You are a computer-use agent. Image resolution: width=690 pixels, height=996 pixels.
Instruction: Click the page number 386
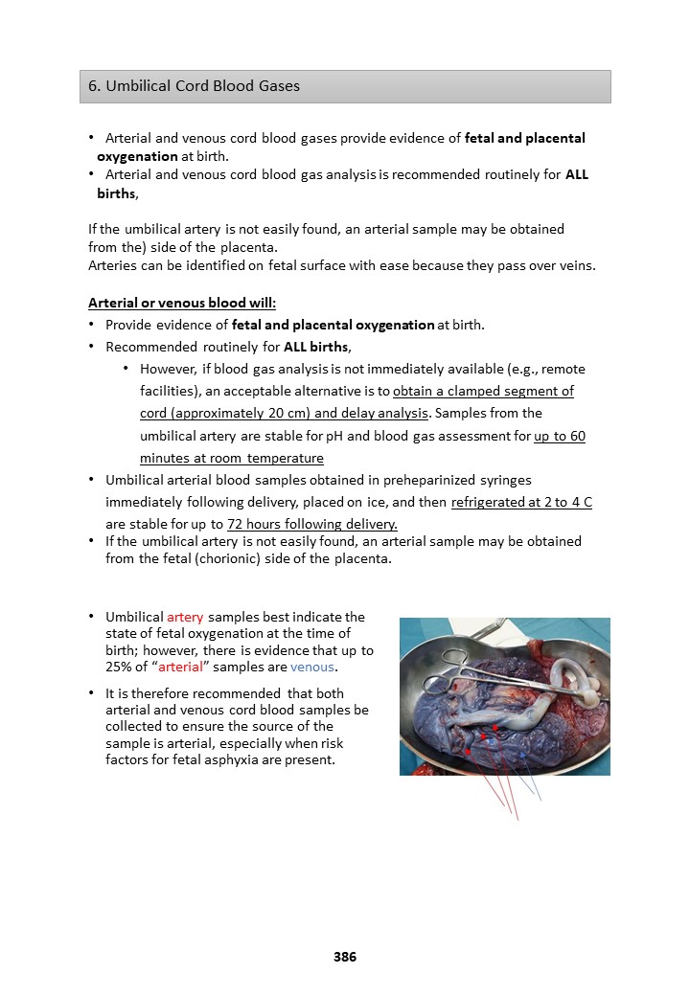[345, 957]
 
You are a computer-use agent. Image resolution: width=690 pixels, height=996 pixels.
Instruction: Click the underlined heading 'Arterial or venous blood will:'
[182, 303]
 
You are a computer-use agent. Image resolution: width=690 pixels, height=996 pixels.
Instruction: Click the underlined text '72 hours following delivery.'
[311, 524]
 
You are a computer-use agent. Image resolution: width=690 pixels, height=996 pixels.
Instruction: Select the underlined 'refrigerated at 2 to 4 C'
[521, 502]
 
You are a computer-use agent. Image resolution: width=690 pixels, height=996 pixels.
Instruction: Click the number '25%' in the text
[121, 666]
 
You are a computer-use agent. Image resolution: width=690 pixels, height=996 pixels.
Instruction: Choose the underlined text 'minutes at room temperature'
[231, 458]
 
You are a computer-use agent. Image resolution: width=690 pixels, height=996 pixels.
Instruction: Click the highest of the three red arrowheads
[494, 728]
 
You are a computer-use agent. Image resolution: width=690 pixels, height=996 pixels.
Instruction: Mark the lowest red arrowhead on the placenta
[467, 753]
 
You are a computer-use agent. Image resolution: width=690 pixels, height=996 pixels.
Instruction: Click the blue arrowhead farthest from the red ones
[523, 756]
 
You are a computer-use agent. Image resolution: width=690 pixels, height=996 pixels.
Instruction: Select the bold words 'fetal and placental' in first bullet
[524, 138]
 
